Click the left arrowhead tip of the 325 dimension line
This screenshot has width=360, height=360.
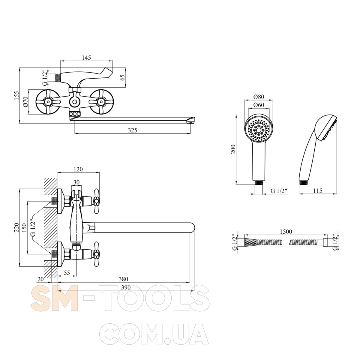75,133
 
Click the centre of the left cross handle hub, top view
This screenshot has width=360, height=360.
48,102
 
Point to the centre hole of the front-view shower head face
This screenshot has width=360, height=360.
259,130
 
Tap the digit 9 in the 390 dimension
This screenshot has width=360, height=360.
126,287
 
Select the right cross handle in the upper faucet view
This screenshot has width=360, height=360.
101,102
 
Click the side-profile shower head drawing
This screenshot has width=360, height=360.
318,149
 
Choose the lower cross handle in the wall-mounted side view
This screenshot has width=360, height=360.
96,254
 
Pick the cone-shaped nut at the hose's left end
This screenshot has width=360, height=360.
250,243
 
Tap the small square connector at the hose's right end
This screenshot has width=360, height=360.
325,242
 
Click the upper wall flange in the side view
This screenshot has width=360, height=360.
61,201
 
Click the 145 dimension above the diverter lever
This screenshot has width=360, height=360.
86,58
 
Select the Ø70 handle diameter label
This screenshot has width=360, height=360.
25,102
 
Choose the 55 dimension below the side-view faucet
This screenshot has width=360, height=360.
67,273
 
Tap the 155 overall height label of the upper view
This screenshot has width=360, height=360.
16,95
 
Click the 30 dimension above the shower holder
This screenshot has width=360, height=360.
76,182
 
